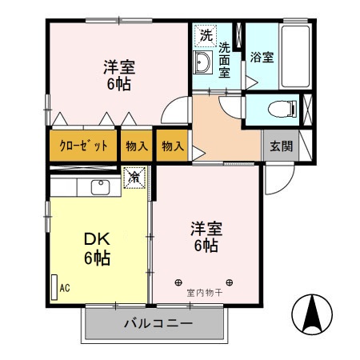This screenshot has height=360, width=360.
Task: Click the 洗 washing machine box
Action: coord(206,35)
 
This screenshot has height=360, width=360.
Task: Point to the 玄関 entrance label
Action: coord(280,146)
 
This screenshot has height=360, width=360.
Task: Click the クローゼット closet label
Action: coord(82,146)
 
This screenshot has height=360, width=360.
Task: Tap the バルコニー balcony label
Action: coord(152,326)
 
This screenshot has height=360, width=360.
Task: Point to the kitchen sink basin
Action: coord(100,188)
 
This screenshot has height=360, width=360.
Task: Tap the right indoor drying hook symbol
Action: coord(230,282)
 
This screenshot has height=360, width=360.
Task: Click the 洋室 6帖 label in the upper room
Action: coord(117,74)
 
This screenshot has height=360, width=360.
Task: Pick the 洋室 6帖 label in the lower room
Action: coord(205,237)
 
